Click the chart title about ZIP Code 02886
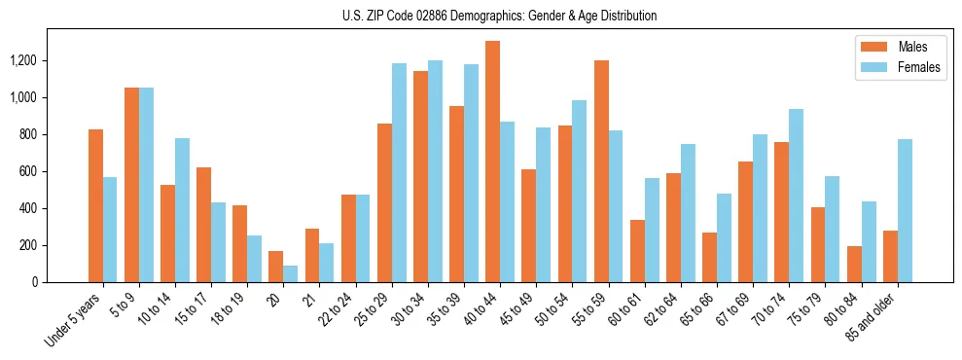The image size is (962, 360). pos(500,16)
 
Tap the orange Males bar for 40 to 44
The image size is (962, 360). pos(492,162)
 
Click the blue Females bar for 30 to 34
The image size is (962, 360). pos(435,171)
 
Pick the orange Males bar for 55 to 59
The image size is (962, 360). pos(601,171)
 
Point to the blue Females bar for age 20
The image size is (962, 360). pos(290,273)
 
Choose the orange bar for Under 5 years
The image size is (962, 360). pos(95,205)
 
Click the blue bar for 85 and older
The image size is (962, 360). pos(905,210)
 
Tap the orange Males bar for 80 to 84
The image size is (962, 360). pos(854,264)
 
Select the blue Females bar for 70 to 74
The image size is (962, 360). pos(797,196)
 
